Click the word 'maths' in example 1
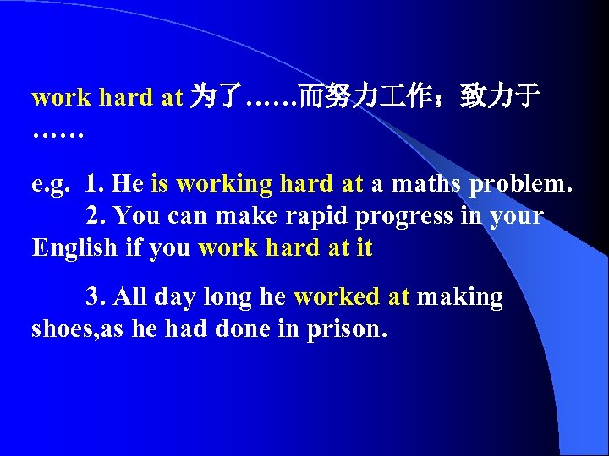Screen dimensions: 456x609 (x=429, y=183)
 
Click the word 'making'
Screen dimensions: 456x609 (x=460, y=298)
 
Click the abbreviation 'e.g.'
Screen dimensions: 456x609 (x=50, y=184)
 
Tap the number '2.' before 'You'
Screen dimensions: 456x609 (x=96, y=216)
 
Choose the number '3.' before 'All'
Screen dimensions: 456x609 (x=96, y=297)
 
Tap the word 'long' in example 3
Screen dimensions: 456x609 (x=227, y=298)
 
